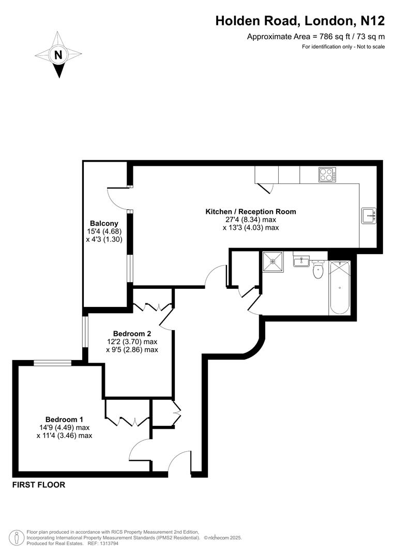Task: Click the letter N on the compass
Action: coord(58,54)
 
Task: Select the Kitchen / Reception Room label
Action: coord(251,211)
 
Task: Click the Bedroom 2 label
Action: coord(132,333)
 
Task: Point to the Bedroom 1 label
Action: coord(64,419)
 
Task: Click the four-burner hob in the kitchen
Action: coord(327,175)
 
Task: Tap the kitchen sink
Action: coord(370,215)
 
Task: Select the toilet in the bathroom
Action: coord(318,269)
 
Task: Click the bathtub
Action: coord(339,287)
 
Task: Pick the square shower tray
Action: coord(272,261)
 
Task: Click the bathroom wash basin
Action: coord(301,261)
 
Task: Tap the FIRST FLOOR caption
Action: coord(39,485)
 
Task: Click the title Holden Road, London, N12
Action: coord(300,21)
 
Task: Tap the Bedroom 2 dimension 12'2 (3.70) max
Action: coord(132,342)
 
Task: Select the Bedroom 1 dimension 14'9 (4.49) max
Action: coord(64,427)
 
